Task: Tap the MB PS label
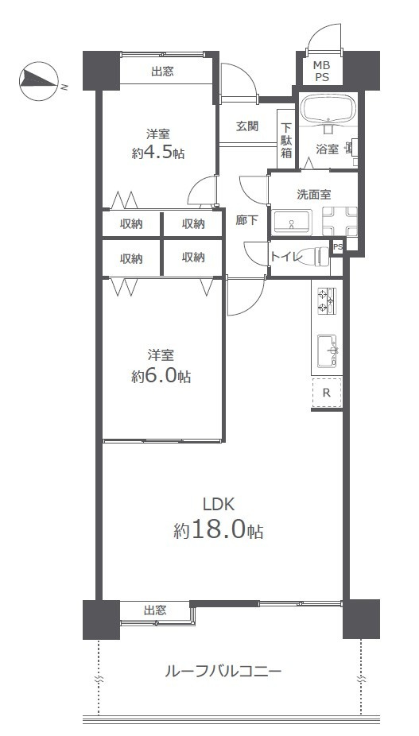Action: pyautogui.click(x=322, y=71)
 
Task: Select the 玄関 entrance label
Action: pyautogui.click(x=246, y=126)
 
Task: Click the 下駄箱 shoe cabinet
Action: pyautogui.click(x=285, y=141)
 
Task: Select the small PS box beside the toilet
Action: pyautogui.click(x=337, y=247)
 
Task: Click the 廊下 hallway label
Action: pyautogui.click(x=246, y=220)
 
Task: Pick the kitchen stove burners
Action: pyautogui.click(x=327, y=300)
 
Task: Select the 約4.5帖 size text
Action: pyautogui.click(x=157, y=153)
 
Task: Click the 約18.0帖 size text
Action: pyautogui.click(x=219, y=530)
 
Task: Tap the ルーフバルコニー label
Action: pyautogui.click(x=223, y=672)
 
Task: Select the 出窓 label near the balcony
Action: pyautogui.click(x=155, y=610)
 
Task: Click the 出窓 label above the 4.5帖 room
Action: pyautogui.click(x=162, y=72)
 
